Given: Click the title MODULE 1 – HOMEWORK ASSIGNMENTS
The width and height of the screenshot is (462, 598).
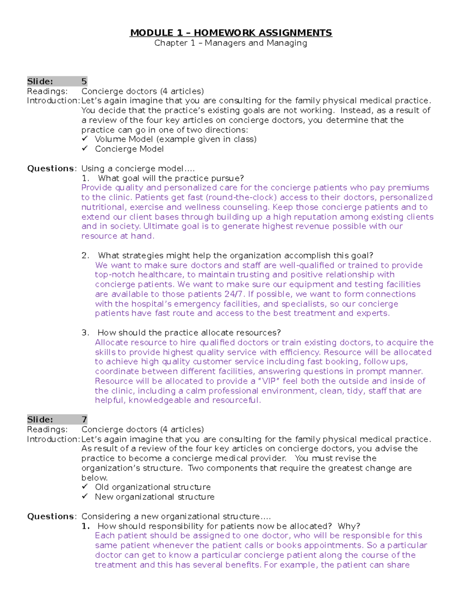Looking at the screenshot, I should tap(231, 33).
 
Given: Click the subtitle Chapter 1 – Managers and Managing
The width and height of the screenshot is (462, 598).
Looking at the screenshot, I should tap(231, 43).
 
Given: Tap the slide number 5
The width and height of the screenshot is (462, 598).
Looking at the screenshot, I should tap(84, 81).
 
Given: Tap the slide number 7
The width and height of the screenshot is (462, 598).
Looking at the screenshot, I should tap(84, 420).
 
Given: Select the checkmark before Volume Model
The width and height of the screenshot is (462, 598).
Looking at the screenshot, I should tap(85, 139).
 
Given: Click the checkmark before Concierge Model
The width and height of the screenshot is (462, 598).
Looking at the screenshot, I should tap(85, 149).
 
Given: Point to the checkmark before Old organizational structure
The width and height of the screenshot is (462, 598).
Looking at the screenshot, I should tap(85, 487).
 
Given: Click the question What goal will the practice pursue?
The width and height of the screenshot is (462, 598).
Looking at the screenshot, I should tap(171, 178).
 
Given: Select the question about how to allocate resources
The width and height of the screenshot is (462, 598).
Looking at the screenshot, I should tap(189, 333).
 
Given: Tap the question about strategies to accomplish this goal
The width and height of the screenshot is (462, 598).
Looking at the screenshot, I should tap(235, 256).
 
